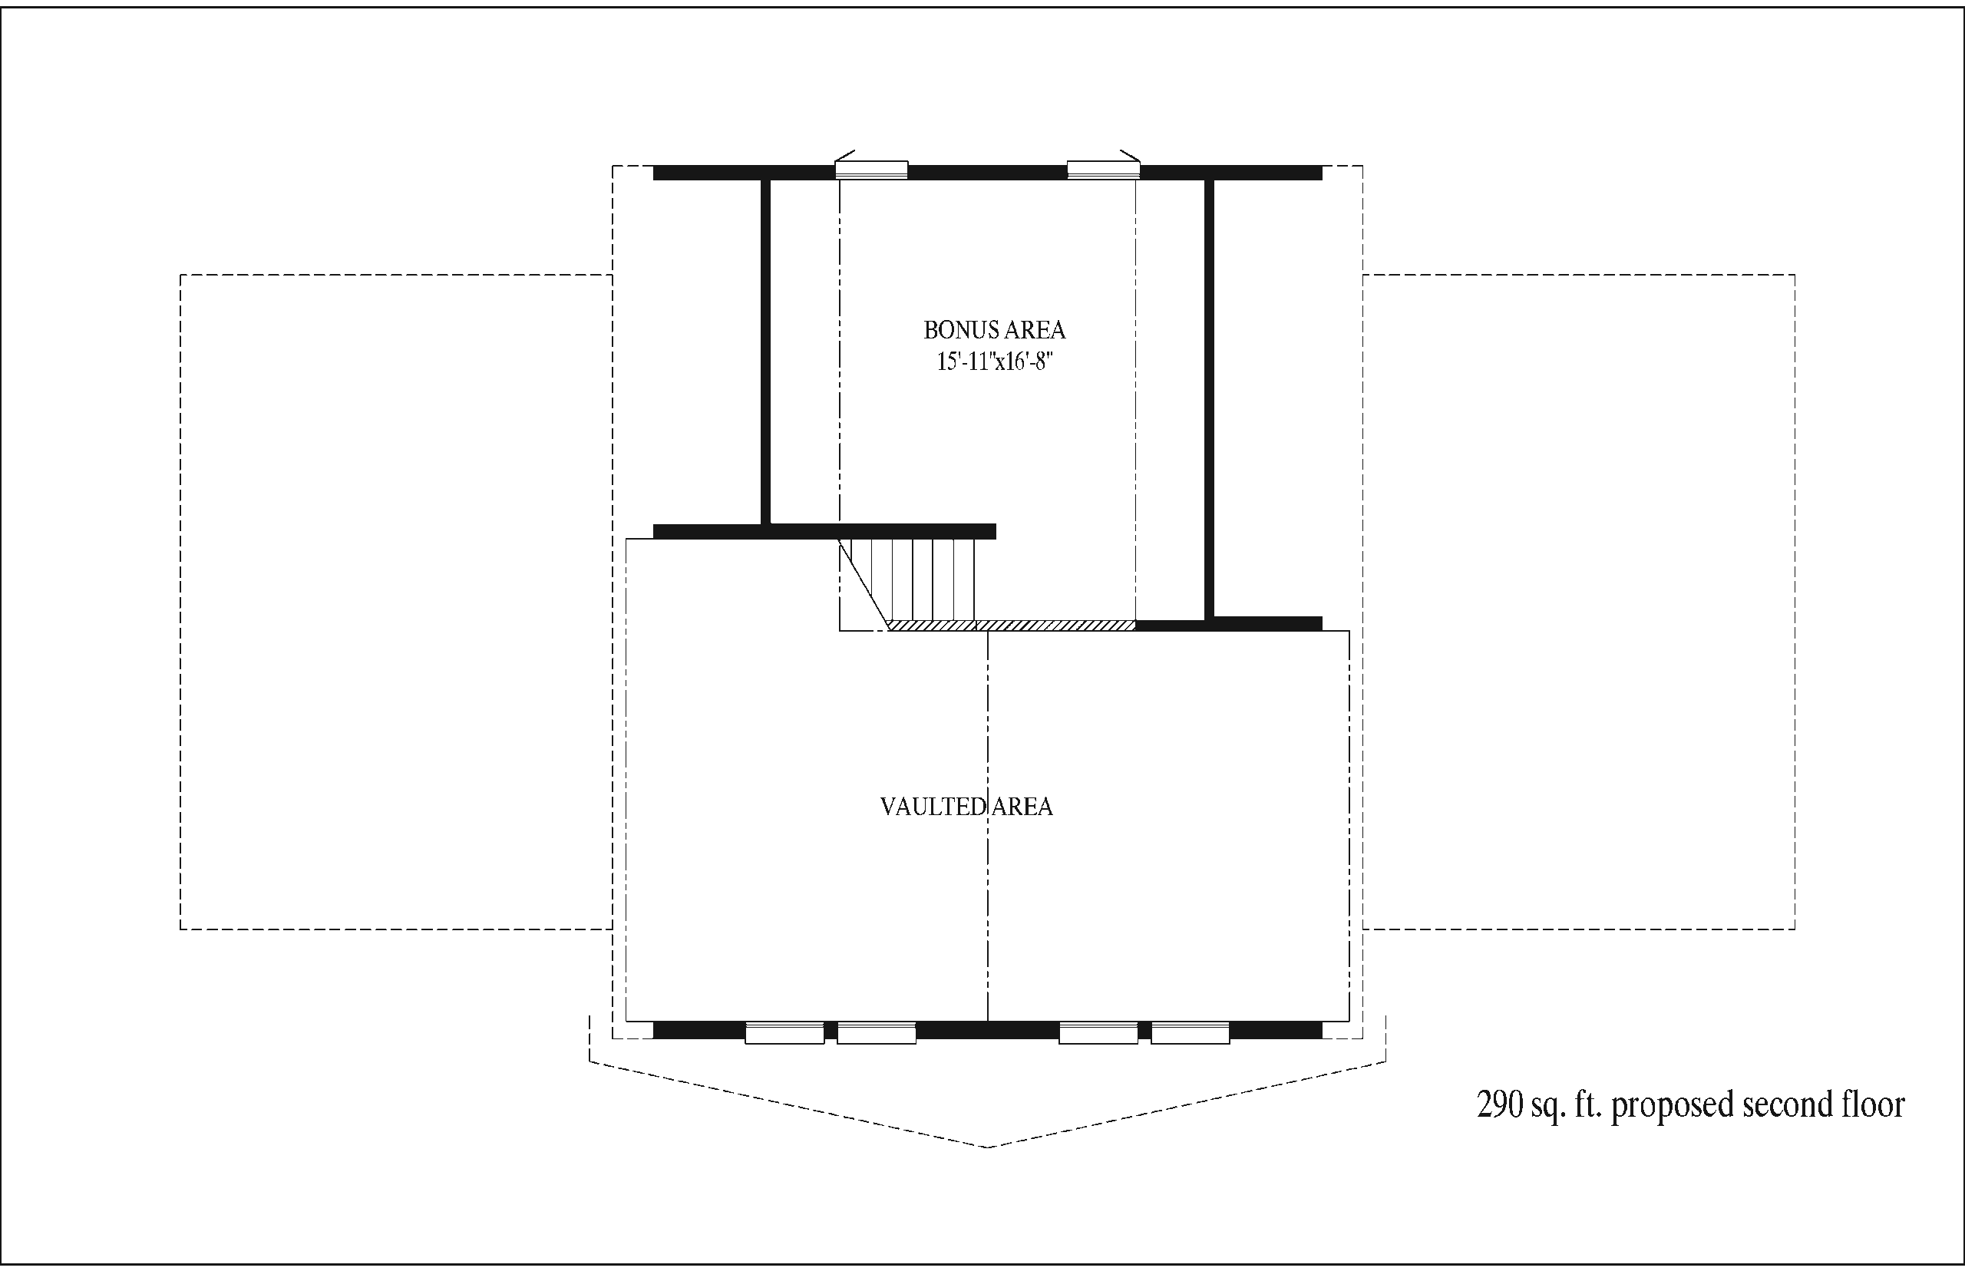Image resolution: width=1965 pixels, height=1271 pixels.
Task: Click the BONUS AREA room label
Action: [995, 330]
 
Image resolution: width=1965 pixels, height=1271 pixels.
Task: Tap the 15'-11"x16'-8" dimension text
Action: [995, 361]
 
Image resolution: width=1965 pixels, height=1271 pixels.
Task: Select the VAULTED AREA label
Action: [966, 807]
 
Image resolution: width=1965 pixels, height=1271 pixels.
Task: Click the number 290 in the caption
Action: [1500, 1104]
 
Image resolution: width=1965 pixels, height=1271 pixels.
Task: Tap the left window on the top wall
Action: [871, 170]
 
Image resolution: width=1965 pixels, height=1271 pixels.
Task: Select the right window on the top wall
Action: [1104, 170]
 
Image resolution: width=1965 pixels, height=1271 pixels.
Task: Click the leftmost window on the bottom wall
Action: [784, 1032]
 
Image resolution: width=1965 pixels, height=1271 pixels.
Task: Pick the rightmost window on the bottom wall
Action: [1190, 1032]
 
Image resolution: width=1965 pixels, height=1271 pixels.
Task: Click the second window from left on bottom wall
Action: [877, 1032]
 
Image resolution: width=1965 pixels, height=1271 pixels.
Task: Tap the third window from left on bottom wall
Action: [1098, 1032]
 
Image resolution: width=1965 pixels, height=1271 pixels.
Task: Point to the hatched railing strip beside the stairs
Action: [1012, 626]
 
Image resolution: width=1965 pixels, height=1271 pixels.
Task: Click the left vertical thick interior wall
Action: [765, 352]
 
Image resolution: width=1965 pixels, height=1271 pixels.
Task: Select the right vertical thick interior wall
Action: [1209, 398]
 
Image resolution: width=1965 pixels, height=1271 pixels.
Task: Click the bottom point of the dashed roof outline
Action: [988, 1147]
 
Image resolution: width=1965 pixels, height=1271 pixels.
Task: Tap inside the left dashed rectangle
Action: [396, 602]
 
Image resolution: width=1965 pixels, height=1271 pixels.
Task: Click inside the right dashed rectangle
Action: [1579, 602]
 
